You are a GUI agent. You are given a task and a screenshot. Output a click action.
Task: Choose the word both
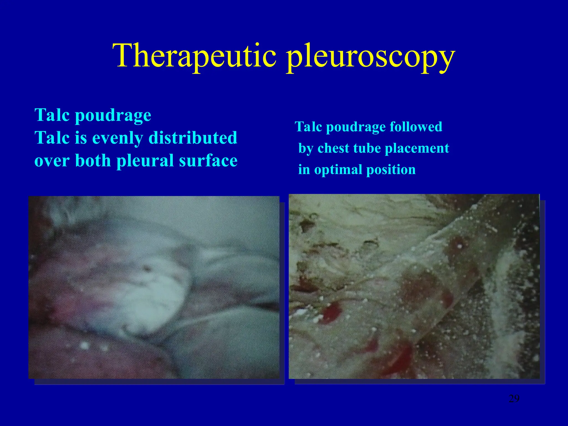pos(93,161)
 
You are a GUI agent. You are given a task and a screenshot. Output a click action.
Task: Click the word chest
pos(333,148)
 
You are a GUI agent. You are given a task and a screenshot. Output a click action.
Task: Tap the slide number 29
pos(514,399)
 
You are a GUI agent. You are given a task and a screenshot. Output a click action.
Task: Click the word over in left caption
pos(52,161)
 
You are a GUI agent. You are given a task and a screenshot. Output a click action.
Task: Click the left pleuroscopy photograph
pos(154,287)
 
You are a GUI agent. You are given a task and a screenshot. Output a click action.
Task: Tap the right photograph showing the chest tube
pos(414,286)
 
